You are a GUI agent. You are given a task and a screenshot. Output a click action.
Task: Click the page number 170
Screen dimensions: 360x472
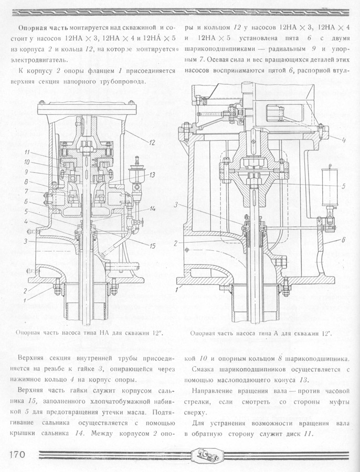[17, 454]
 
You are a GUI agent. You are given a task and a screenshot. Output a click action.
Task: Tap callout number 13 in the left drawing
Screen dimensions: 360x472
[152, 175]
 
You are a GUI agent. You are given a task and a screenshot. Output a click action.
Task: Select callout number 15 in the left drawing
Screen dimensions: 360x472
[153, 246]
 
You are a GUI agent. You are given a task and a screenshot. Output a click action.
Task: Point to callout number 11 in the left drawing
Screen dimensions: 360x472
[27, 152]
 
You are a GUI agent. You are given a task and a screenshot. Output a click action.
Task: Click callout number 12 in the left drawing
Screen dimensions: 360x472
[152, 142]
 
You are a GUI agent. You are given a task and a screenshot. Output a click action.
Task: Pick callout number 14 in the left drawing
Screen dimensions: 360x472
[152, 208]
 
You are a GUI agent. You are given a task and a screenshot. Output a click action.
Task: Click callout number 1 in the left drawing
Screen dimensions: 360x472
[25, 300]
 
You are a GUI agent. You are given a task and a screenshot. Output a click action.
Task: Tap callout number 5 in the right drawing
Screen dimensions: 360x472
[343, 186]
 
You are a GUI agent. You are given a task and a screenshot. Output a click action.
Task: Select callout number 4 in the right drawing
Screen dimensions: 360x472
[343, 140]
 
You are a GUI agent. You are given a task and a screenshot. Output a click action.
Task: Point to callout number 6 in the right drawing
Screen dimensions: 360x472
[343, 240]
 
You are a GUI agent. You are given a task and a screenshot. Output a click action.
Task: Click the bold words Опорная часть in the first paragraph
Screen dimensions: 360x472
[44, 28]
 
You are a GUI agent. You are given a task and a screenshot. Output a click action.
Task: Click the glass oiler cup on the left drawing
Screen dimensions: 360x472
[135, 176]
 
